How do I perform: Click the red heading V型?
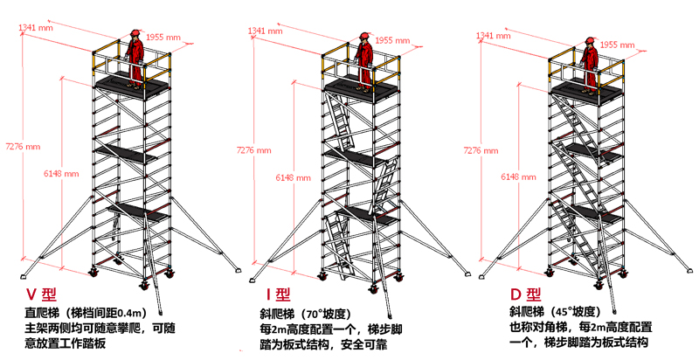(41, 294)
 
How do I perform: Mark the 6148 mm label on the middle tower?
(293, 177)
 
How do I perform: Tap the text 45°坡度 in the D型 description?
(575, 312)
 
